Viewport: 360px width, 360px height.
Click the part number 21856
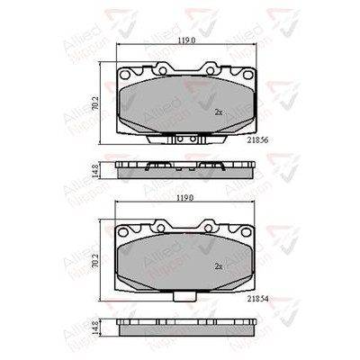257,140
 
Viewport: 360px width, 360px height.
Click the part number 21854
257,299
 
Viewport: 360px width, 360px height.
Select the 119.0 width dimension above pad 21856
186,40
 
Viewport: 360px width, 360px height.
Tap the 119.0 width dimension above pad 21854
186,198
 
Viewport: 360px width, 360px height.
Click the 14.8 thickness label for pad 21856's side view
95,170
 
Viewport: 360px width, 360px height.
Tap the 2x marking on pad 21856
219,112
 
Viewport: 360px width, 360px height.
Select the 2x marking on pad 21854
219,266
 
